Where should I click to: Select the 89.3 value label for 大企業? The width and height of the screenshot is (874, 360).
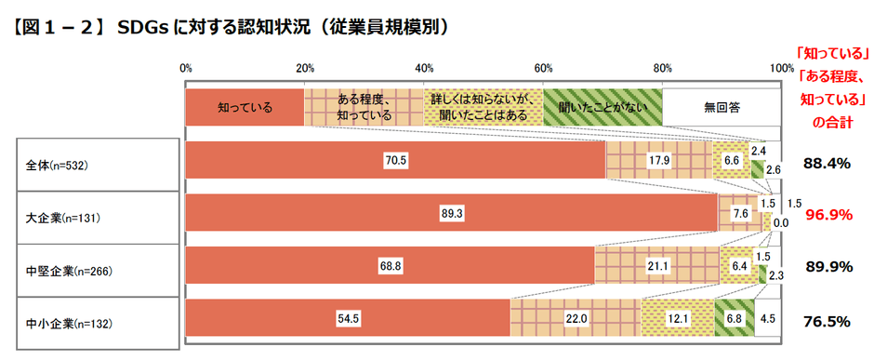coord(453,213)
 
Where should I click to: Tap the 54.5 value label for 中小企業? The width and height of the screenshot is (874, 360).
coord(349,319)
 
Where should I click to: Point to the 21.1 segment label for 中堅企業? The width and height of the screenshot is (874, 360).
coord(656,266)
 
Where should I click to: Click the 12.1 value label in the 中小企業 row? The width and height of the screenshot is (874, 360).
coord(677,319)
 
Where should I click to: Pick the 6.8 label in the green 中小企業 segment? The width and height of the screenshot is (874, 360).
coord(735,319)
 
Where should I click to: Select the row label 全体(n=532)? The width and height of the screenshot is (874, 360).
coord(57,165)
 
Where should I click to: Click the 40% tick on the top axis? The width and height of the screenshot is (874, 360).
coord(424,68)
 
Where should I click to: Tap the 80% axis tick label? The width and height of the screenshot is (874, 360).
coord(663,68)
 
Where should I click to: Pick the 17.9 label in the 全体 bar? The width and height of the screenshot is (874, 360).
coord(658,160)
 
